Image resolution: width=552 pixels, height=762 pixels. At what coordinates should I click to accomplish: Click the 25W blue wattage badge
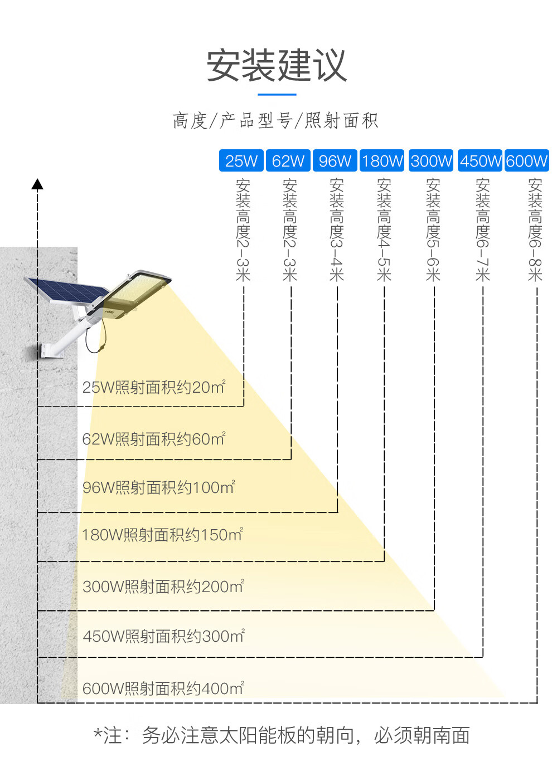tap(241, 160)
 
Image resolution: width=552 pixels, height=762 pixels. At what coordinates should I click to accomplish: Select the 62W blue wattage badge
tap(288, 160)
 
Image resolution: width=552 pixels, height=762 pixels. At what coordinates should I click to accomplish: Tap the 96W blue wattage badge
tap(335, 160)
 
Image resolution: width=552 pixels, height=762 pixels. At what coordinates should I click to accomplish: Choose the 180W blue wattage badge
tap(382, 160)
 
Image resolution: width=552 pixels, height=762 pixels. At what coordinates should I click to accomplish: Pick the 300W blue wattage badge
tap(431, 160)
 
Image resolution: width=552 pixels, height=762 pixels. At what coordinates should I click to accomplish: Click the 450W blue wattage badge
tap(480, 160)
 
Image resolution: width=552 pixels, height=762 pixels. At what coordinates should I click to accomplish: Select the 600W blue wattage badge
tap(527, 160)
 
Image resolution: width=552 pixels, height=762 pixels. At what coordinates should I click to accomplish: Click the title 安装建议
tap(277, 66)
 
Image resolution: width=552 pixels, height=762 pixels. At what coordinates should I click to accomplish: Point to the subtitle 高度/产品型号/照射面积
tap(275, 120)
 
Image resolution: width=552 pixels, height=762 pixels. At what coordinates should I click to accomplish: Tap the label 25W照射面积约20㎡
tap(154, 387)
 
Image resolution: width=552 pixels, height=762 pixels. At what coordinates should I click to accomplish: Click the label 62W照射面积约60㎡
tap(154, 438)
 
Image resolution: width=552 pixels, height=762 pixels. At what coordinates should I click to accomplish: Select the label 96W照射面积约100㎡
tap(159, 487)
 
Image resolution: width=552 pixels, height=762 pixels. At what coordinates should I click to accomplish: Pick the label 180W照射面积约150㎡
tap(162, 535)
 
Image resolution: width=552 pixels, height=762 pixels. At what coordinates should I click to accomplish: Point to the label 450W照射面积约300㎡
tap(164, 636)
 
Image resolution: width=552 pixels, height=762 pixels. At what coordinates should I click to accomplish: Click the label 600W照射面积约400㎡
tap(163, 688)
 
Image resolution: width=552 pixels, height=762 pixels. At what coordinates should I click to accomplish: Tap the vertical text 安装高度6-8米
tap(535, 229)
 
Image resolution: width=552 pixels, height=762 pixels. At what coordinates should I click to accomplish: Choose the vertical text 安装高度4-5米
tap(384, 229)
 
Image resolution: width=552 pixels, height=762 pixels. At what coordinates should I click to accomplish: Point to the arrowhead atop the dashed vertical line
tap(37, 184)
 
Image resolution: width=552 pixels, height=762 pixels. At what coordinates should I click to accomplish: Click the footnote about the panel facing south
tap(282, 735)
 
